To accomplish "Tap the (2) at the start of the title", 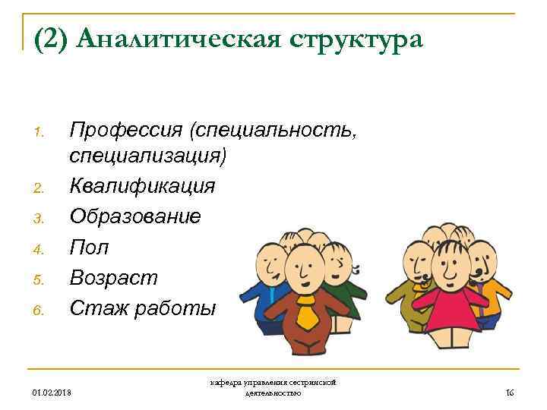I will (53, 39).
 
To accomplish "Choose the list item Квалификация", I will (142, 186).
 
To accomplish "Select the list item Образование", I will (135, 216).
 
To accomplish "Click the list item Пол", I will (89, 247).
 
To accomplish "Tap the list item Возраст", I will (113, 278).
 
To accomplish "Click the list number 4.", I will (40, 248).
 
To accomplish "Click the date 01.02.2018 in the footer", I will (52, 393).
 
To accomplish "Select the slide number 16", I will (510, 393).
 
